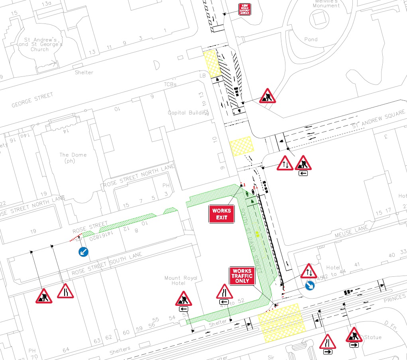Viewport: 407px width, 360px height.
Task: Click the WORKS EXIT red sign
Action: coord(222,214)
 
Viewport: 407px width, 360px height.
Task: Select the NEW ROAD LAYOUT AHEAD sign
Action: coord(244,10)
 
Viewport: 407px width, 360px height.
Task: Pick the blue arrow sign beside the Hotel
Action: coord(310,285)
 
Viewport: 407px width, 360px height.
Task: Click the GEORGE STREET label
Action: coord(32,100)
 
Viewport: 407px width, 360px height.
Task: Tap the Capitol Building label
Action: coord(188,113)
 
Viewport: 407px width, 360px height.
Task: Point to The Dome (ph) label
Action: coord(73,158)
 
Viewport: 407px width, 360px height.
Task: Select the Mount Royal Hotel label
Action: coord(181,280)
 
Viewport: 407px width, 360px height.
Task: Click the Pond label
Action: coord(311,39)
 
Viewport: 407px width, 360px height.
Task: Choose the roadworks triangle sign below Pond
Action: coord(267,96)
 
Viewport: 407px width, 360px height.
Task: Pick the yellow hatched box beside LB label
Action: coord(212,63)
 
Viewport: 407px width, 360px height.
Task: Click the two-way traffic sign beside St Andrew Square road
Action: coord(285,163)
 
